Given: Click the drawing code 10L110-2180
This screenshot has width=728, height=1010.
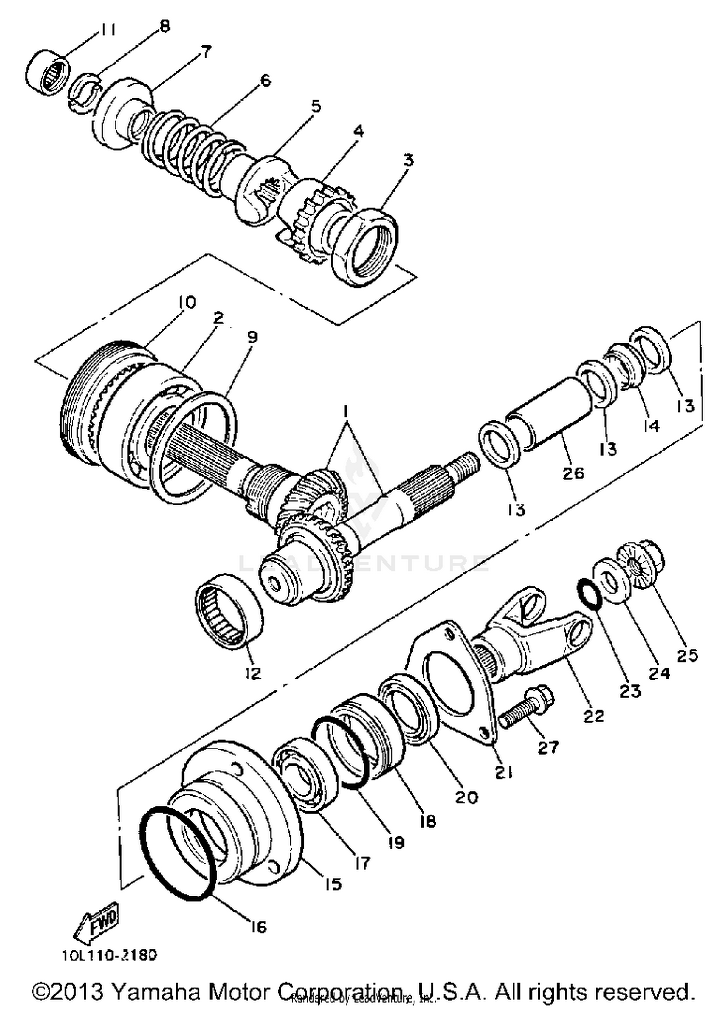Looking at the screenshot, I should coord(109,955).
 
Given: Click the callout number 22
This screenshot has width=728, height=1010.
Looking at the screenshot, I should coord(593,715).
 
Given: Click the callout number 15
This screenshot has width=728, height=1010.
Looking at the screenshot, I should coord(333,883).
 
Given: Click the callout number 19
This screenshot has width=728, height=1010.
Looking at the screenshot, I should coord(396,843).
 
